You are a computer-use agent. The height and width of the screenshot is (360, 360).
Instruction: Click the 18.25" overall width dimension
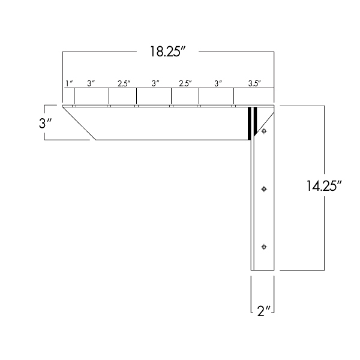tap(166, 52)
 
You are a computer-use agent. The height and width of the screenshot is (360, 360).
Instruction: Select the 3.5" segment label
tap(254, 84)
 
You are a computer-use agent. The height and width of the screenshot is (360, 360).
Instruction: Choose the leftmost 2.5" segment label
tap(124, 84)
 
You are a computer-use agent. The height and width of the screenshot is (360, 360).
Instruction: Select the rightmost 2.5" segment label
tap(185, 84)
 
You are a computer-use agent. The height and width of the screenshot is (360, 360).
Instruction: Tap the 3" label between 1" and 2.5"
tap(91, 84)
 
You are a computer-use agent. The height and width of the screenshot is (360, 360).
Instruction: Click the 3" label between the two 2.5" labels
tap(154, 84)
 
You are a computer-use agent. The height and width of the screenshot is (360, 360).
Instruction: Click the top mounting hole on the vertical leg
tap(264, 131)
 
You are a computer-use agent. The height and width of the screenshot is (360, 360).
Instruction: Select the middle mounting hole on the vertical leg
tap(264, 189)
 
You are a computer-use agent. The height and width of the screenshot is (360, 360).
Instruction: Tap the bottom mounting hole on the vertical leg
tap(264, 247)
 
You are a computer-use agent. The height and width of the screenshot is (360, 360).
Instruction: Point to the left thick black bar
tap(250, 123)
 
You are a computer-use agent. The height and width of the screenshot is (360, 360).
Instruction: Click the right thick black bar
tap(256, 120)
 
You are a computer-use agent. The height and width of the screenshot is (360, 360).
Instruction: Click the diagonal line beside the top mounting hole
tap(267, 120)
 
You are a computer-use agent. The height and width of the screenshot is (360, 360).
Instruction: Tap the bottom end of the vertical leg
tap(262, 269)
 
